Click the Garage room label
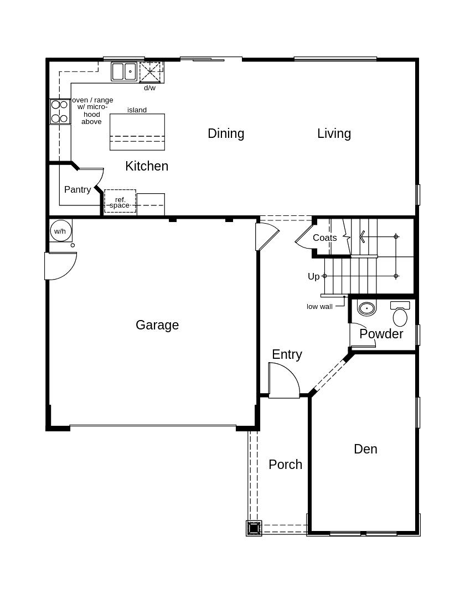pyautogui.click(x=157, y=325)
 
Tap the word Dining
pyautogui.click(x=226, y=133)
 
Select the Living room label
pyautogui.click(x=334, y=133)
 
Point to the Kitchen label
pyautogui.click(x=147, y=166)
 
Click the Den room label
pyautogui.click(x=365, y=449)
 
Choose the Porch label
pyautogui.click(x=285, y=465)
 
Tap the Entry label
pyautogui.click(x=287, y=354)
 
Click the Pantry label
pyautogui.click(x=77, y=189)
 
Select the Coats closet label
pyautogui.click(x=324, y=238)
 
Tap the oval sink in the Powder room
pyautogui.click(x=366, y=308)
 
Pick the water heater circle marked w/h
pyautogui.click(x=60, y=231)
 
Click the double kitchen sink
pyautogui.click(x=124, y=71)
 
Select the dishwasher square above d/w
pyautogui.click(x=150, y=72)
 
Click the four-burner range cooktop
pyautogui.click(x=60, y=111)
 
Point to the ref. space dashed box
pyautogui.click(x=120, y=202)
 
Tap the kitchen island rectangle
pyautogui.click(x=137, y=132)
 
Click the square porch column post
pyautogui.click(x=254, y=528)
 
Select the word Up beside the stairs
pyautogui.click(x=313, y=276)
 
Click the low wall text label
pyautogui.click(x=319, y=307)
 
